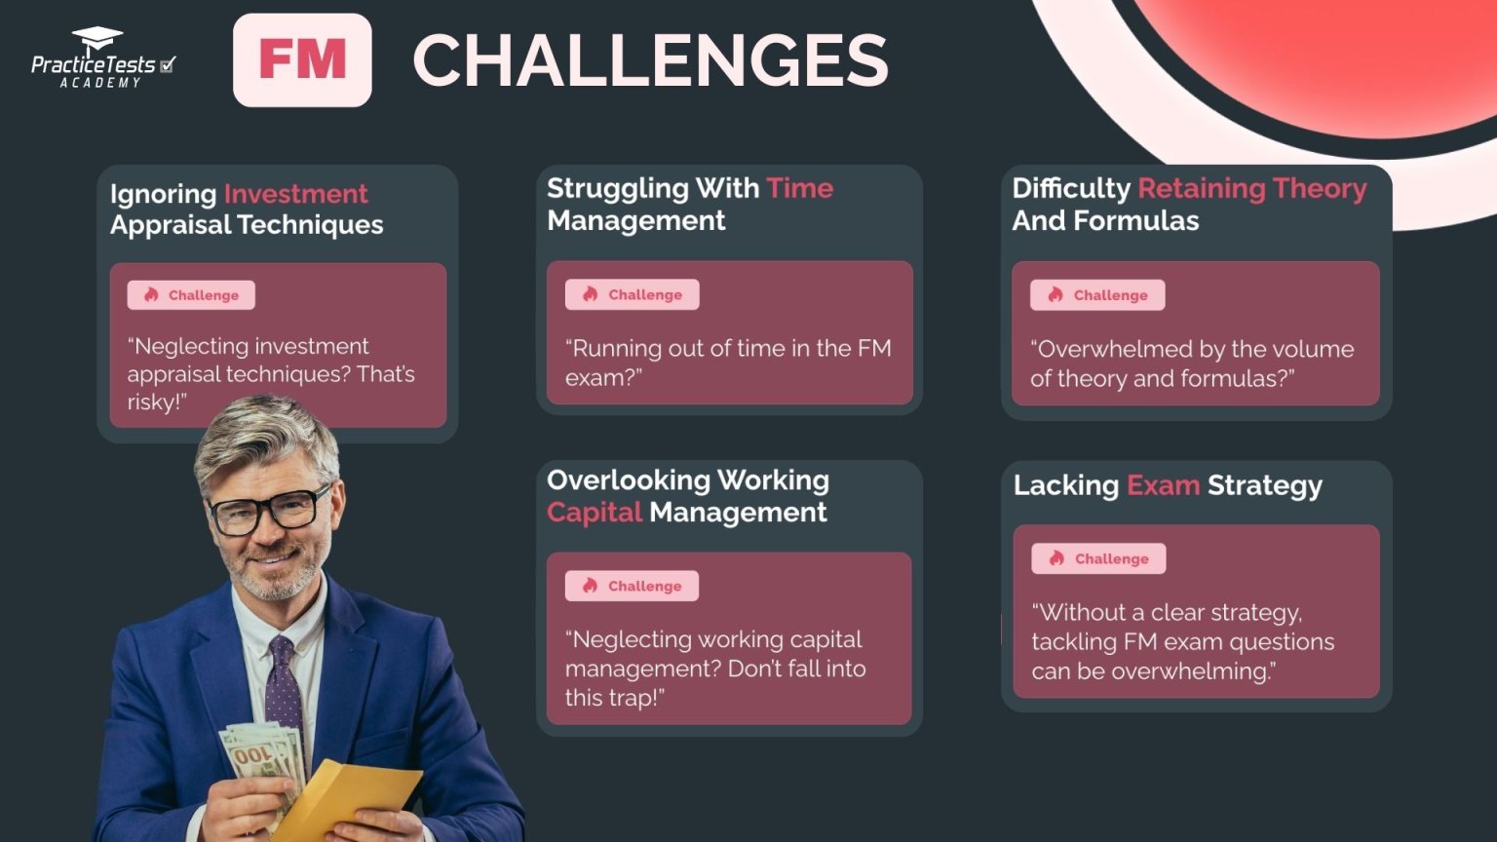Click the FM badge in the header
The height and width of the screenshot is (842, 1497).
pos(302,59)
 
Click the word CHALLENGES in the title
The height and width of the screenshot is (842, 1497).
pos(650,60)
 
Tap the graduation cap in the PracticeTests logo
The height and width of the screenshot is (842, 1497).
pos(97,40)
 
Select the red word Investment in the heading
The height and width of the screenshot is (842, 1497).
pos(295,194)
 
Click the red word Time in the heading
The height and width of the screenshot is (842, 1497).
pos(799,188)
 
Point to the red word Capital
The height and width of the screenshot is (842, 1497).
pos(594,513)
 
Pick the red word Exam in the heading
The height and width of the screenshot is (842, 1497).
pos(1163,485)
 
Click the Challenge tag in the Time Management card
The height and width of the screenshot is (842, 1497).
pos(632,294)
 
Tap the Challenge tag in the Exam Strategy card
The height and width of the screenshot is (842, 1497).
pos(1098,558)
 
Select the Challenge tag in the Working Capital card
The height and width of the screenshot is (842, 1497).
pos(632,586)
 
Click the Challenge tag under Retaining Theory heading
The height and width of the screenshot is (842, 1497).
pos(1097,295)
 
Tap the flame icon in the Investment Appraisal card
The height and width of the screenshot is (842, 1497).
pos(151,295)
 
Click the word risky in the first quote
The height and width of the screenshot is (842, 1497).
pos(152,402)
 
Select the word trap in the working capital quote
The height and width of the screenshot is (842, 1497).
pos(634,698)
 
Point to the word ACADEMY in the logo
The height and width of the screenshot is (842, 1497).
pos(100,84)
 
